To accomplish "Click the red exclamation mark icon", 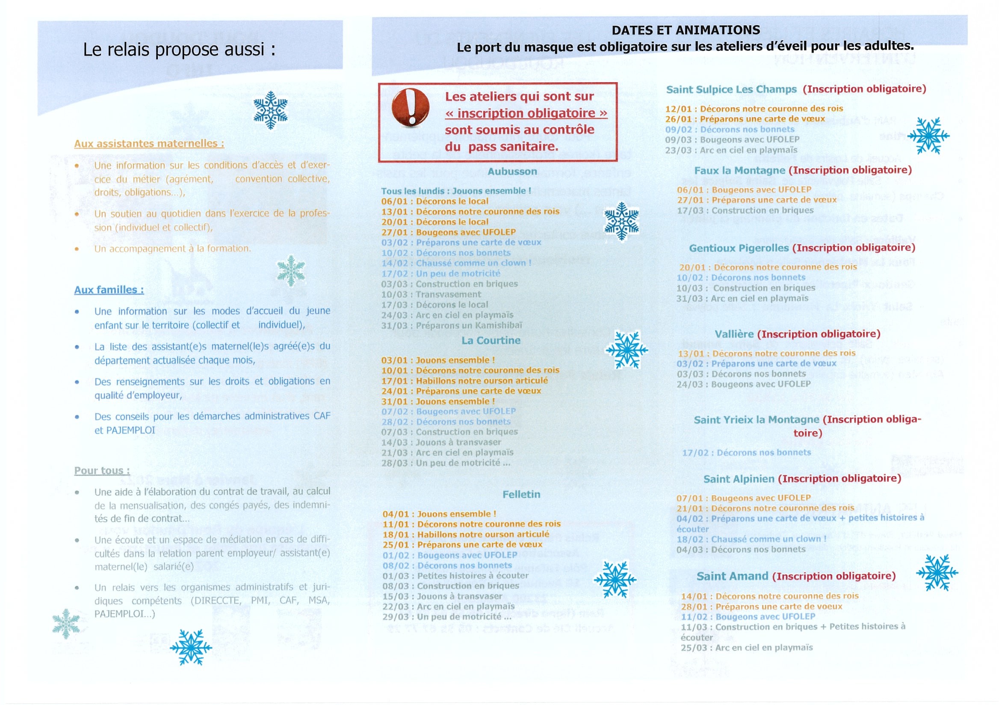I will pos(410,107).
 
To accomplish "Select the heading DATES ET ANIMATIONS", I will pos(686,30).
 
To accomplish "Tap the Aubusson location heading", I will pos(512,172).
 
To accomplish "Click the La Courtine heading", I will pos(491,341).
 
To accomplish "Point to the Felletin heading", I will pos(521,495).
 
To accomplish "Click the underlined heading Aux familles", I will pos(109,290).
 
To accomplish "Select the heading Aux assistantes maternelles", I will pos(149,144).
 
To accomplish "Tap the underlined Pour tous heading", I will pos(102,471).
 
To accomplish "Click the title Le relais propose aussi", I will pos(179,50).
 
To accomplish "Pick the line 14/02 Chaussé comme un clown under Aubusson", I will pos(456,263).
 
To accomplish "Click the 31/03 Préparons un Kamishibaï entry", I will pos(451,326).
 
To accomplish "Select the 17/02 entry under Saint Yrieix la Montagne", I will pos(746,453).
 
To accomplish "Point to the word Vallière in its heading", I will pos(734,334).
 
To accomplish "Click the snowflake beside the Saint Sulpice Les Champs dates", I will pos(928,135).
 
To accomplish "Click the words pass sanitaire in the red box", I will pos(513,147).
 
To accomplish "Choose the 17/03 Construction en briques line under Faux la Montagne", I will pos(745,210).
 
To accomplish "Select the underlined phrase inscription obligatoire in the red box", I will pos(526,113).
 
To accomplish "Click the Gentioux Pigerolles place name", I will pos(739,248).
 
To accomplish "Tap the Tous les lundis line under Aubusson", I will pos(455,191).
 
